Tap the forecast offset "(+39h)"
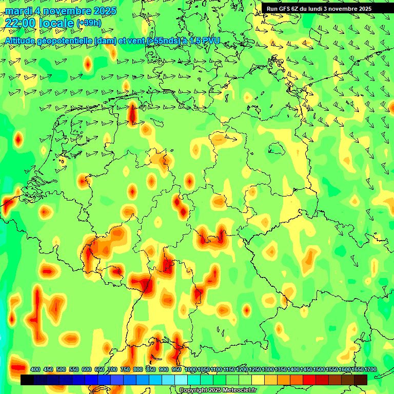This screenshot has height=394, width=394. pyautogui.click(x=89, y=23)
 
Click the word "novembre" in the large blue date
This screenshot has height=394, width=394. pyautogui.click(x=68, y=10)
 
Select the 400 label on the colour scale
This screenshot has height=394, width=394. pyautogui.click(x=35, y=369)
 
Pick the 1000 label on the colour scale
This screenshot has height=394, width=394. pyautogui.click(x=190, y=369)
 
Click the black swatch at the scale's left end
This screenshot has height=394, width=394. pyautogui.click(x=27, y=380)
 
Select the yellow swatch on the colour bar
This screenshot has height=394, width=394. pyautogui.click(x=258, y=380)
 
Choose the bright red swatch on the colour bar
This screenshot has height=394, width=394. pyautogui.click(x=309, y=380)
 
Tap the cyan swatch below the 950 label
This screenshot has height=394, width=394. pyautogui.click(x=181, y=380)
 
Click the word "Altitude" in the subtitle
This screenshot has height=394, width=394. pyautogui.click(x=24, y=41)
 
